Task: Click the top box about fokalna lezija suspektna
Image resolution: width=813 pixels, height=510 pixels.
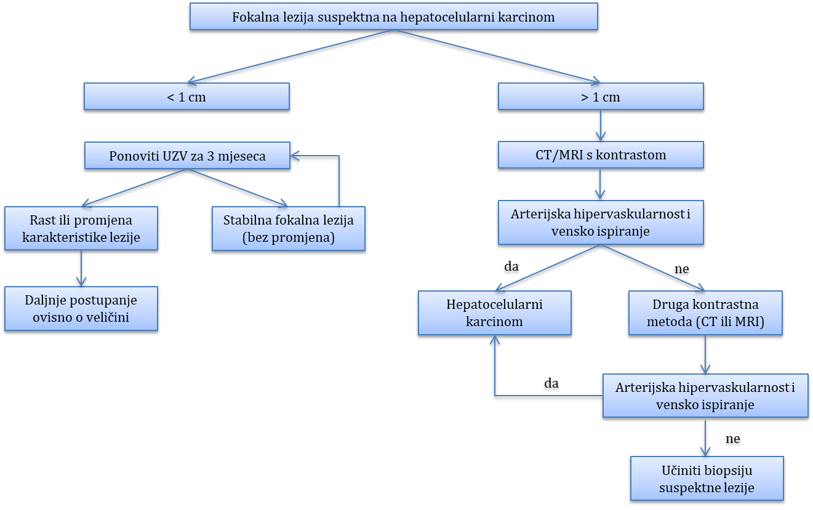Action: point(393,17)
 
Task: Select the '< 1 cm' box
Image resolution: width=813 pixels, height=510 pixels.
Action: point(186,97)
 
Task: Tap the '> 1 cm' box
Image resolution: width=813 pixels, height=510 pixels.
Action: point(601,97)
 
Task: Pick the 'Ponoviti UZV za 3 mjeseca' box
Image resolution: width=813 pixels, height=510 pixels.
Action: point(187,156)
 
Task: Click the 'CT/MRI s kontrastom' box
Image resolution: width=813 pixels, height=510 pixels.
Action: point(601,155)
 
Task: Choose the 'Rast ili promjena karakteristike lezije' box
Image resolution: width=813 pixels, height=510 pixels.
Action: point(81,228)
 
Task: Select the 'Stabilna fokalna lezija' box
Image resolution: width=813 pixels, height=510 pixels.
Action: point(288,228)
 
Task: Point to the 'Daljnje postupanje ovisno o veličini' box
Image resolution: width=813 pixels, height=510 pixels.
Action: point(81,308)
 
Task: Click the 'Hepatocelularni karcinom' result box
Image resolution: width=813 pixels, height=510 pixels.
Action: point(494,313)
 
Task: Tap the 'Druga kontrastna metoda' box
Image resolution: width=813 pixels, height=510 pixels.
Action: point(705,313)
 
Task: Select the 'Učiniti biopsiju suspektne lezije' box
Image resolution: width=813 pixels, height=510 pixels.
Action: point(707,478)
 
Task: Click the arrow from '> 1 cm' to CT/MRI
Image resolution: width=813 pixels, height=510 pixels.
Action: point(601,126)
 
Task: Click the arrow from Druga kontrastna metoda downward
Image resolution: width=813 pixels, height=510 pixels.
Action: point(705,354)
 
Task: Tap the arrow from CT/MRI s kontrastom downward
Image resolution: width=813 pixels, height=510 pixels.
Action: point(601,183)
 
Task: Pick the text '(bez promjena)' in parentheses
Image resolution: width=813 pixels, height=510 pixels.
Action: point(289,237)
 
